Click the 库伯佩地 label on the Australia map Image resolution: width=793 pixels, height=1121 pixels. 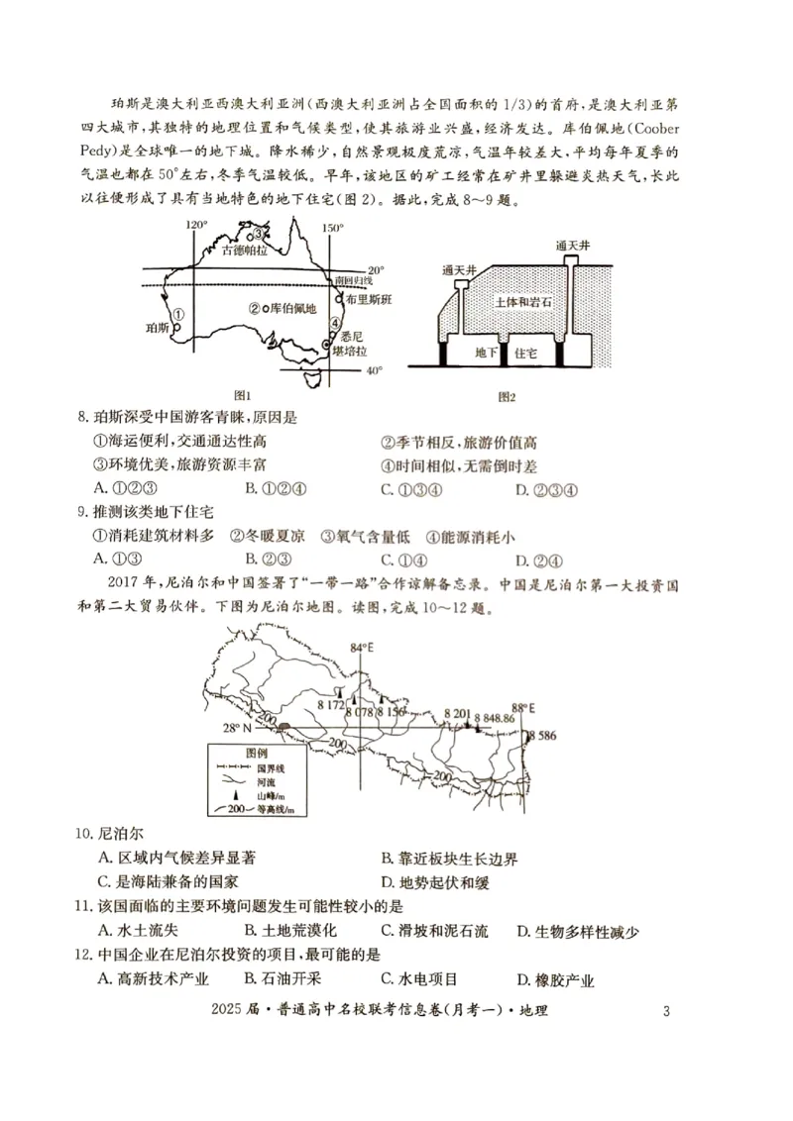click(290, 309)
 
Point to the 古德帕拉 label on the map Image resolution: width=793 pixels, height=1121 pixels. click(244, 252)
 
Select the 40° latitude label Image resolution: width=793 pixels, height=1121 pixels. click(374, 371)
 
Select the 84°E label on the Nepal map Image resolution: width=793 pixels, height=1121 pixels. click(363, 648)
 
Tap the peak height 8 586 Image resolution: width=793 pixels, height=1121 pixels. click(543, 736)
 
